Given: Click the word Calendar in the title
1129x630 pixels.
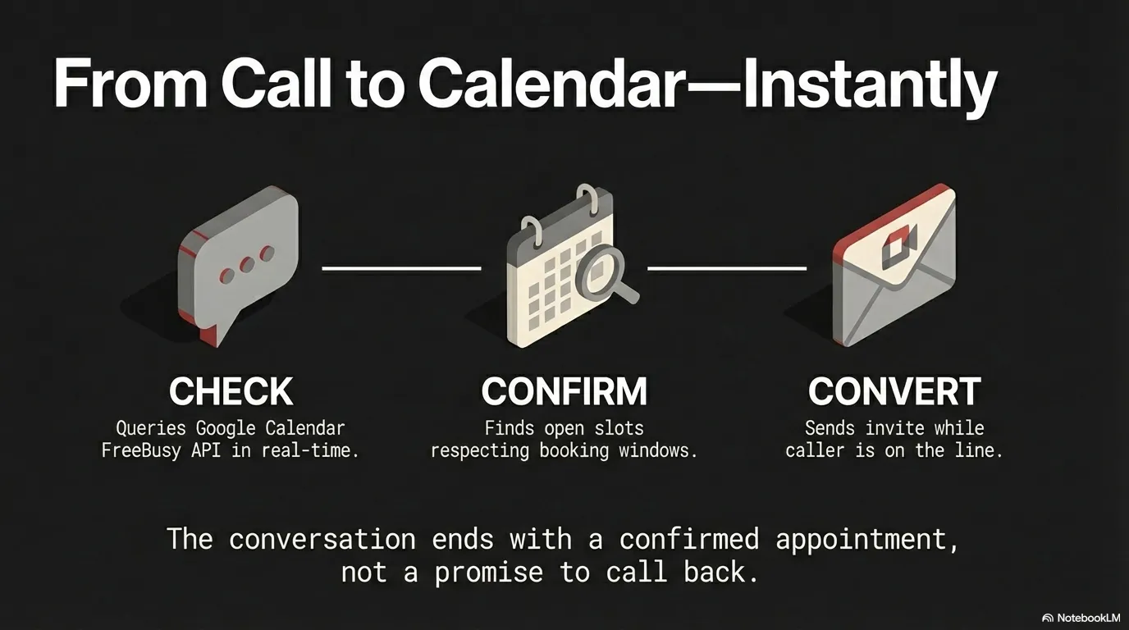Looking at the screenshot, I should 549,85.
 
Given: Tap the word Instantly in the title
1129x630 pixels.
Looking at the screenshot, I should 870,85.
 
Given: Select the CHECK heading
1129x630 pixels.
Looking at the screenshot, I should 231,391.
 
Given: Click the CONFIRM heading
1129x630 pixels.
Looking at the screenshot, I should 564,391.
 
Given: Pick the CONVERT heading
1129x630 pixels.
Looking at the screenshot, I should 894,391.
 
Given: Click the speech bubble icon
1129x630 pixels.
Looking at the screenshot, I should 238,262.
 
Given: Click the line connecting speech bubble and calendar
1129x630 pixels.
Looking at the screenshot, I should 401,267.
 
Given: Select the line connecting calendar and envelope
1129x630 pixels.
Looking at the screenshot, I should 727,267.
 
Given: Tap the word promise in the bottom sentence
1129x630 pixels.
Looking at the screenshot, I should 488,572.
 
